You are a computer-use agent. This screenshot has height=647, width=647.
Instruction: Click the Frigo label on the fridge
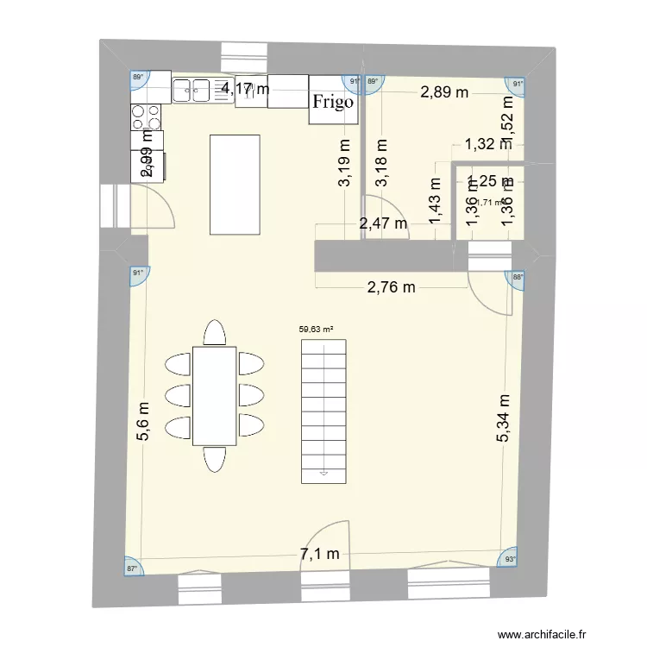(x=333, y=103)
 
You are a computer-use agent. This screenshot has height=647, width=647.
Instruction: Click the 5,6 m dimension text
(x=144, y=422)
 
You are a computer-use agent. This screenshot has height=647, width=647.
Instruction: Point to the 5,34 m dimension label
(x=504, y=419)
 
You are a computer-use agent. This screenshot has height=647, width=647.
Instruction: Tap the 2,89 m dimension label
(x=444, y=92)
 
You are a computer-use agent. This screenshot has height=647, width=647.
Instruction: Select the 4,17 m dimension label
(x=245, y=87)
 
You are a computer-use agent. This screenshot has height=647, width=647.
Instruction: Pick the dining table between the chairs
(x=214, y=395)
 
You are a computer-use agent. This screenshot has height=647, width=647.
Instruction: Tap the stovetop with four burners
(x=144, y=116)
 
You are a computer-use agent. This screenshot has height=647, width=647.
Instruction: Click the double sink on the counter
(x=193, y=87)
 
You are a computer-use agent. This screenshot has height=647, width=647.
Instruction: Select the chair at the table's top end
(x=215, y=331)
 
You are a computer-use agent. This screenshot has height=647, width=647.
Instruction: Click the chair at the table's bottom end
(x=214, y=459)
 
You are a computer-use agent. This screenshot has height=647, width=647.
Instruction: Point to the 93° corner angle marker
(x=511, y=559)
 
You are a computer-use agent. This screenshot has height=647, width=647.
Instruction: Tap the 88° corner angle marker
(x=517, y=277)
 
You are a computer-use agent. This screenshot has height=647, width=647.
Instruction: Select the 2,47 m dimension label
(x=383, y=224)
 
